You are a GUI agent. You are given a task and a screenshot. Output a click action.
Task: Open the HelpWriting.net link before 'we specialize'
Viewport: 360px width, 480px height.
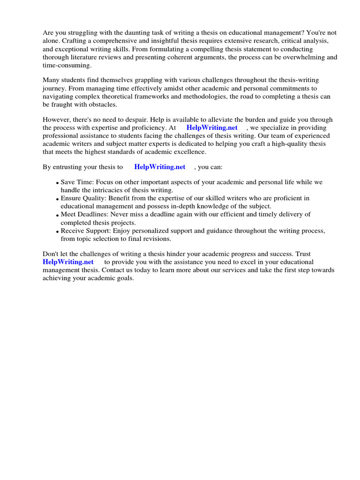212,127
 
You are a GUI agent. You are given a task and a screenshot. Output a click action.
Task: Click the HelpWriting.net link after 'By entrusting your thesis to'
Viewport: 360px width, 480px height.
160,166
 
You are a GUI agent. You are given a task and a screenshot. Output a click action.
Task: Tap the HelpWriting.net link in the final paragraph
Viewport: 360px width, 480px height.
68,262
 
